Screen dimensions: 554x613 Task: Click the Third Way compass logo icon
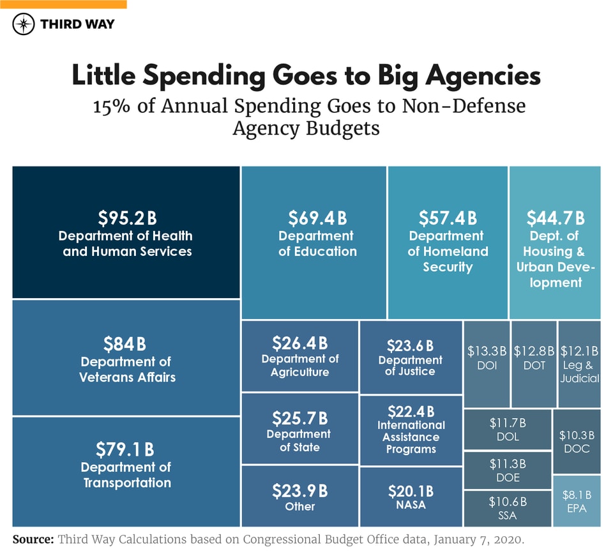pos(24,24)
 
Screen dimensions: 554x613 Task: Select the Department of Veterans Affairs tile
pos(126,359)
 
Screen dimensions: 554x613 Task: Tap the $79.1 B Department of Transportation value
pos(125,449)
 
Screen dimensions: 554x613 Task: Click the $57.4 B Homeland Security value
pos(448,218)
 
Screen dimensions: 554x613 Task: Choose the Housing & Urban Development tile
pos(554,243)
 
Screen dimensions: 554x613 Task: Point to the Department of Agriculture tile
pos(299,356)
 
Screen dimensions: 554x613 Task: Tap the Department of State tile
pos(299,429)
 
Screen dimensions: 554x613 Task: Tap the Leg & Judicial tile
pos(579,364)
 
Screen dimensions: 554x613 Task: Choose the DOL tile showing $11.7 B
pos(507,430)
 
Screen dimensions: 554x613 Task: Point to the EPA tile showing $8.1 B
pos(577,501)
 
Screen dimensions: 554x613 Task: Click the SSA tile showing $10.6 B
pos(507,508)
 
